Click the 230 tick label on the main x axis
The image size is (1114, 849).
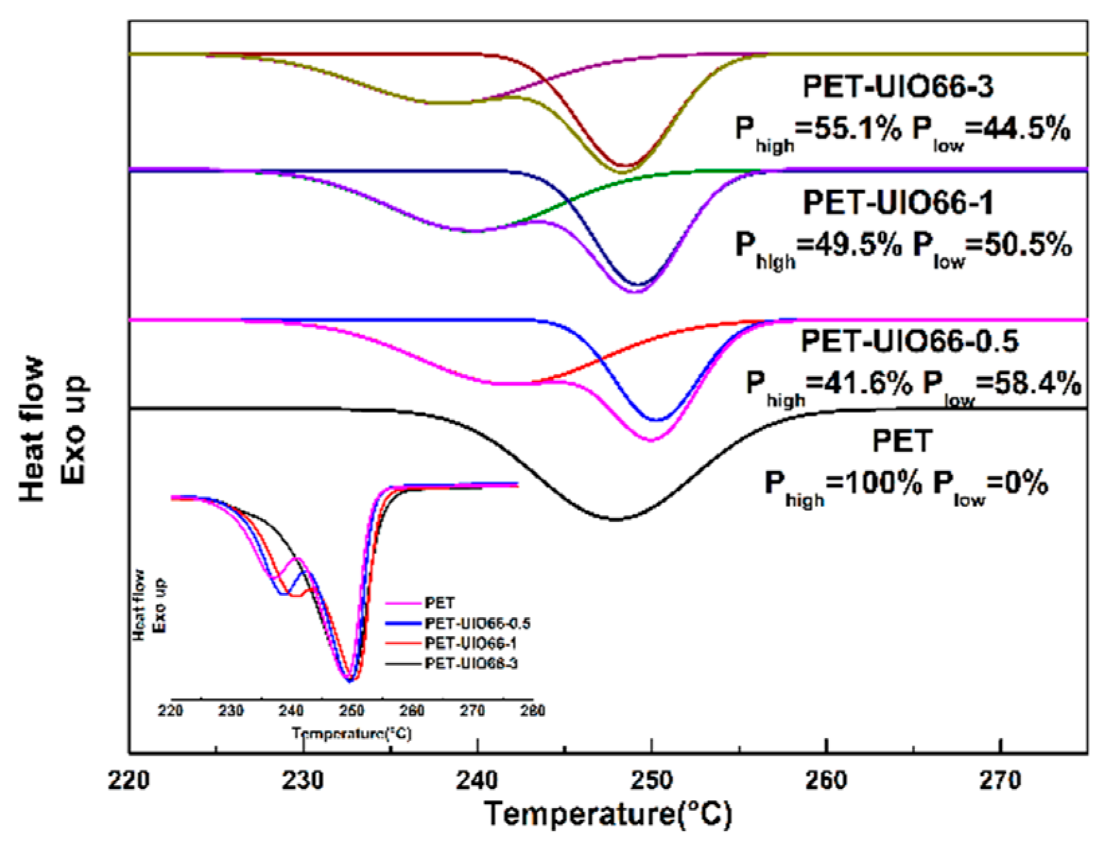coord(303,780)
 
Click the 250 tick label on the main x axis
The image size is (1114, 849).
coord(651,780)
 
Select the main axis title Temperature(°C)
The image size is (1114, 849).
coord(608,814)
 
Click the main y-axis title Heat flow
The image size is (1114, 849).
coord(32,429)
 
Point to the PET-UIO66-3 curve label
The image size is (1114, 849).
coord(898,87)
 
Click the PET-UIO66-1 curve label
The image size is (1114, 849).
coord(898,203)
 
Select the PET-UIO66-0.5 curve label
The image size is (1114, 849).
coord(909,342)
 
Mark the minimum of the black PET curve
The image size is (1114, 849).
coord(614,519)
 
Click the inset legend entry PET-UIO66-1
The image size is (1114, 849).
coord(470,643)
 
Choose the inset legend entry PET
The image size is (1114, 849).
coord(439,603)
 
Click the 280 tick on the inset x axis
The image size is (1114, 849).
coord(532,710)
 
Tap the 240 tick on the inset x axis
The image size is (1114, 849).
coord(291,710)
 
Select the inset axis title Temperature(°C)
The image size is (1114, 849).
coord(351,733)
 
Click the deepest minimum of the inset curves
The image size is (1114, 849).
coord(349,680)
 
